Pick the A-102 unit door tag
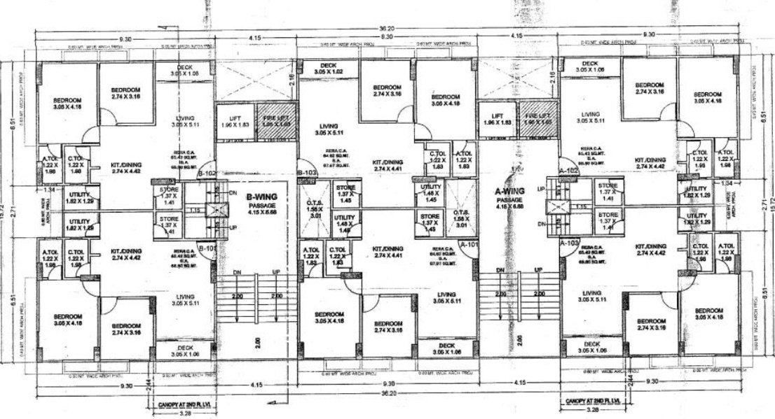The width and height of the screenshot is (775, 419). tap(568, 171)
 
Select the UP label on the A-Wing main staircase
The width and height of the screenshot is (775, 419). tap(537, 269)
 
